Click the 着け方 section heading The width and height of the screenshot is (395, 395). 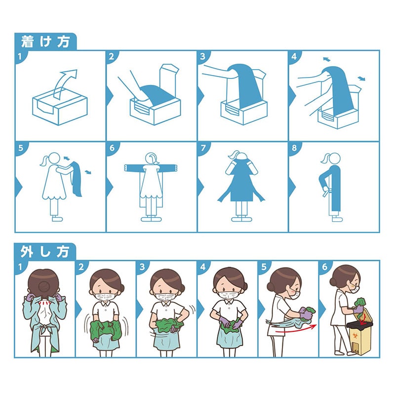click(x=45, y=41)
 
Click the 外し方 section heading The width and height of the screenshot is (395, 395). click(x=45, y=251)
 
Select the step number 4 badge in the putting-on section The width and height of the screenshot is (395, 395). click(x=294, y=57)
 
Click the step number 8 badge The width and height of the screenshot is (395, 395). click(x=294, y=148)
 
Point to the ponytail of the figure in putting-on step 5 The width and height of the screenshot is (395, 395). click(x=44, y=160)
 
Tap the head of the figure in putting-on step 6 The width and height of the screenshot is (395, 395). click(x=152, y=158)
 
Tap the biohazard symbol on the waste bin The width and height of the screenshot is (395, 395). click(x=355, y=336)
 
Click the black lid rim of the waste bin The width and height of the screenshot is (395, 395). click(x=359, y=326)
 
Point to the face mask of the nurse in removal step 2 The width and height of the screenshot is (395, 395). click(x=106, y=296)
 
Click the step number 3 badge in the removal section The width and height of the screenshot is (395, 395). click(x=142, y=267)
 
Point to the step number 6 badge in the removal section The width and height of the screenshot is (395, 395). click(x=325, y=267)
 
